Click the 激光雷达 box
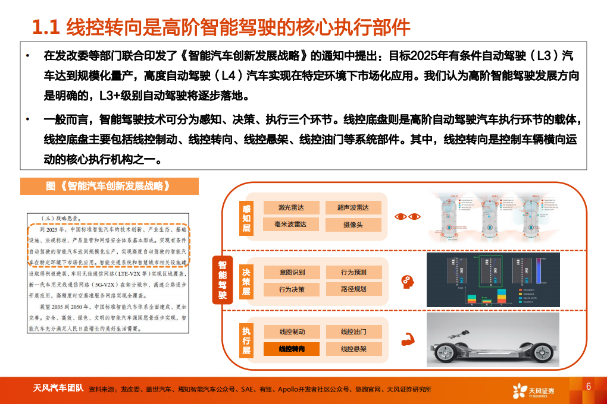coord(291,207)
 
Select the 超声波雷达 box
coord(353,207)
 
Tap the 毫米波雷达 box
coord(291,225)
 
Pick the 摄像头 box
coord(353,225)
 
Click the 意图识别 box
coord(292,272)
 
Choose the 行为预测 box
coord(353,272)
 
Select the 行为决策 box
coord(292,289)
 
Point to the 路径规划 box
coord(353,289)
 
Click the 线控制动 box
coord(292,332)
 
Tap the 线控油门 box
coord(353,332)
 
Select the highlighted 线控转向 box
coord(292,349)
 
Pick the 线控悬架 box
coord(353,349)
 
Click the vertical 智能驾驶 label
coord(222,279)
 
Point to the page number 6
coord(588,386)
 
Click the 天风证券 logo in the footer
coord(534,390)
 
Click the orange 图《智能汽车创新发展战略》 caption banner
coord(109,186)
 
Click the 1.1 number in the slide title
coord(46,27)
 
